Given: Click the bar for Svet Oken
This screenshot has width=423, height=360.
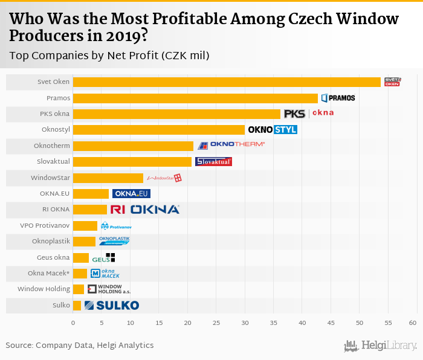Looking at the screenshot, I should click(x=227, y=82).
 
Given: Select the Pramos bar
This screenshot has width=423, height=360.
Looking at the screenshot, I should click(x=195, y=98).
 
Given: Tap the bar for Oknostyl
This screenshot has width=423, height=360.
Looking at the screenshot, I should click(x=158, y=130).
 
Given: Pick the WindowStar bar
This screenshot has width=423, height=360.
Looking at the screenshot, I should click(x=108, y=178).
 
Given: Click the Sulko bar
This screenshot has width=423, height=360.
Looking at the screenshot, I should click(x=77, y=306).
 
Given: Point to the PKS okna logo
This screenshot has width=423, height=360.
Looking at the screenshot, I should click(x=308, y=114).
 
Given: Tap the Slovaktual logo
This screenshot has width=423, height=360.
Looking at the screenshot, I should click(x=213, y=161).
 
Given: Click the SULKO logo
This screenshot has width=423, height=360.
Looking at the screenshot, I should click(x=112, y=306).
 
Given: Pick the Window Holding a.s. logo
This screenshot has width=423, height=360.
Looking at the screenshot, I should click(x=105, y=289).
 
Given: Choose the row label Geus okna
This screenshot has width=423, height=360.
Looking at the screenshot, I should click(x=53, y=257).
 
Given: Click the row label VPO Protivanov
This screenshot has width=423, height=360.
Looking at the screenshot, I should click(x=45, y=225).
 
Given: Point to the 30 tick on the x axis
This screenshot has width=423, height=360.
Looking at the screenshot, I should click(x=245, y=323).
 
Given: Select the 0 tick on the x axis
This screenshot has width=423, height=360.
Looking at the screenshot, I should click(x=73, y=323).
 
